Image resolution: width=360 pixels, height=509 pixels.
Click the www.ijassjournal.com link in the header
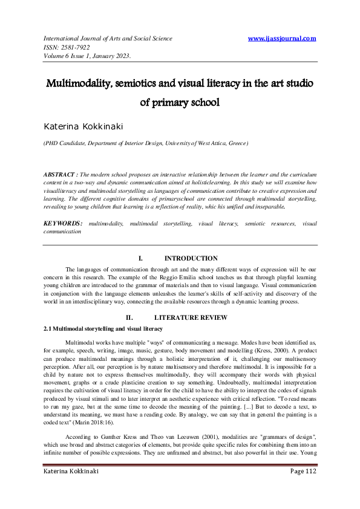tap(282, 39)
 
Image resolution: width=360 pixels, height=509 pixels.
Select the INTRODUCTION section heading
tap(191, 258)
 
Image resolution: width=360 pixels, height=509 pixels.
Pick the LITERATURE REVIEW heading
tap(191, 317)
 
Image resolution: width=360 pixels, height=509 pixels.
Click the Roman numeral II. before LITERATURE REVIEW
tap(129, 317)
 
